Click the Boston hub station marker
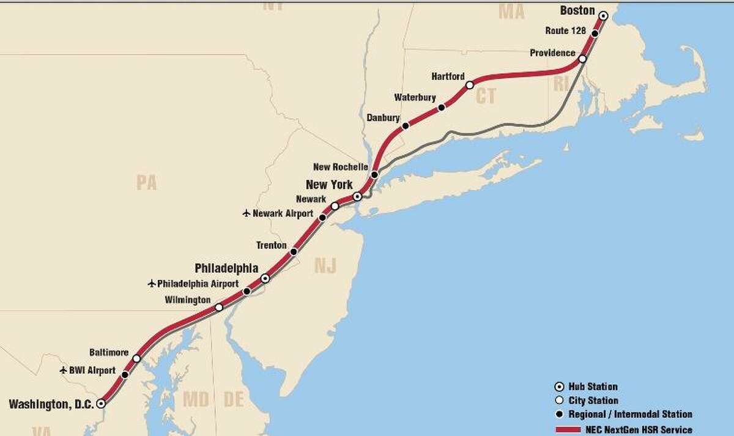point(603,16)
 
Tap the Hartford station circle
point(470,85)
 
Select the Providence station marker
point(582,59)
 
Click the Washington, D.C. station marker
point(101,404)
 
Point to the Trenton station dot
point(294,251)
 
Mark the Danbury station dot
point(405,126)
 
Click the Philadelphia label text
point(226,268)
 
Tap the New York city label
point(329,184)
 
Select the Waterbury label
point(415,97)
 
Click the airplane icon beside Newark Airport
point(247,213)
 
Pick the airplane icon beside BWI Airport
point(63,370)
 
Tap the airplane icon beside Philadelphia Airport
point(152,283)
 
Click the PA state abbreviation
point(147,182)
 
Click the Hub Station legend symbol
point(558,386)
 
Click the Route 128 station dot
point(595,33)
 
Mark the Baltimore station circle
point(136,358)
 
